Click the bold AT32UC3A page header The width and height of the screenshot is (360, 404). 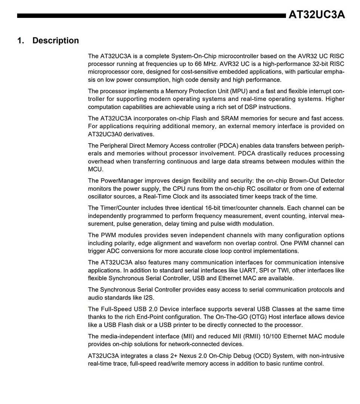pos(317,15)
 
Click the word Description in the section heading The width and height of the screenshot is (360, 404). pos(56,41)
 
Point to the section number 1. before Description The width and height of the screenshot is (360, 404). pos(21,41)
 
